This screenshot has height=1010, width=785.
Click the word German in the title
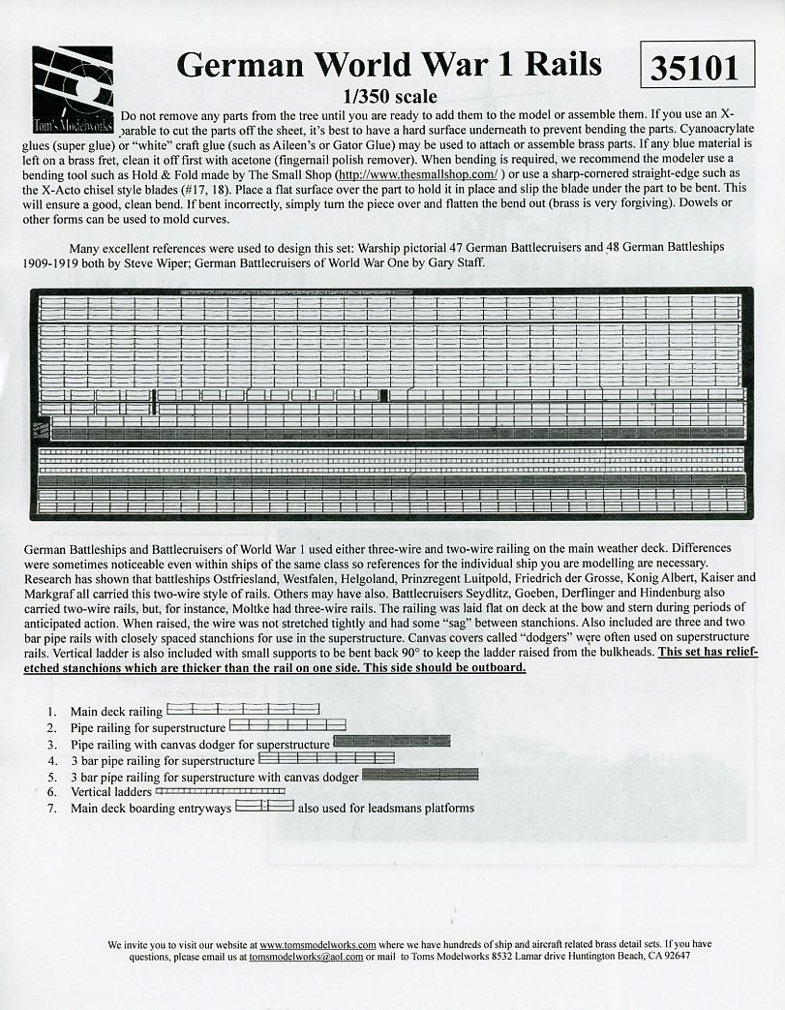pos(238,64)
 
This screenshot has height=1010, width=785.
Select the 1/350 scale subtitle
pos(389,97)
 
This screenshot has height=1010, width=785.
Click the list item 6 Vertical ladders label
pos(110,792)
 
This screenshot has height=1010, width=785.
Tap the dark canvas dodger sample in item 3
pos(391,742)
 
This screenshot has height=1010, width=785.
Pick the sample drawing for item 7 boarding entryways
pos(264,807)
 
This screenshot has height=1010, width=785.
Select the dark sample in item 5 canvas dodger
pos(419,775)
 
